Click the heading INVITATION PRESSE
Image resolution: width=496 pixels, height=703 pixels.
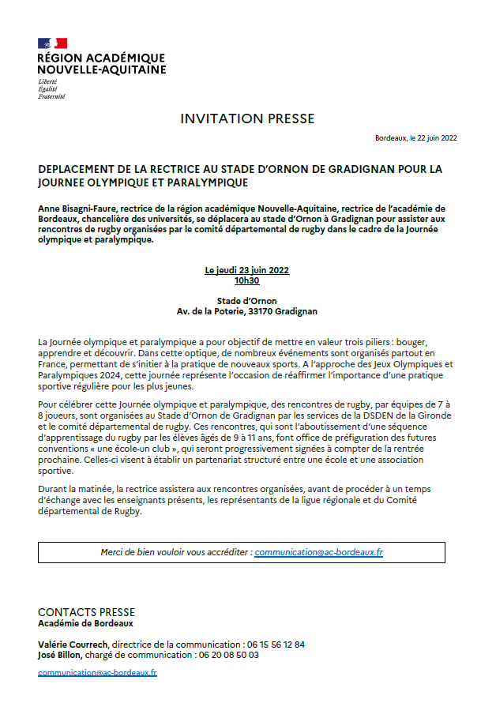point(247,119)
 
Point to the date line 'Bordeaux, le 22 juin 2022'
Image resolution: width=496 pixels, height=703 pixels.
point(416,138)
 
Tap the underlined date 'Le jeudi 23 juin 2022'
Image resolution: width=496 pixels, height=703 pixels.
point(247,270)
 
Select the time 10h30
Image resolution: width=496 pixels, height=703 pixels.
point(247,280)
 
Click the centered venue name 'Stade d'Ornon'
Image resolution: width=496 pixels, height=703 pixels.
point(247,301)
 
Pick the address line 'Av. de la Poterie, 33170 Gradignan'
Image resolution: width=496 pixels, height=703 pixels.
point(247,311)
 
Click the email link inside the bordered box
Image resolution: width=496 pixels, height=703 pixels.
point(319,552)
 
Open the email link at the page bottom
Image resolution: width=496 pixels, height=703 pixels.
point(97,673)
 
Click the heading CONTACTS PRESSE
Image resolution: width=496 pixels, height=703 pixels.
point(86,612)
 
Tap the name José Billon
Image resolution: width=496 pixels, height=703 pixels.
point(60,655)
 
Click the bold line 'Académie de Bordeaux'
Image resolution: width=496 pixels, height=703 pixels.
point(85,622)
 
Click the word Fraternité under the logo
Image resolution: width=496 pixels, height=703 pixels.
point(51,96)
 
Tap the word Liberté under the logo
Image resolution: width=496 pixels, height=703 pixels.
point(48,82)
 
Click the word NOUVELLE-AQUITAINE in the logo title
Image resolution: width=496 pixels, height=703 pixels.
point(102,70)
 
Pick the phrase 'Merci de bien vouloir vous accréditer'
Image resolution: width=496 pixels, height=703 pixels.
point(175,552)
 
